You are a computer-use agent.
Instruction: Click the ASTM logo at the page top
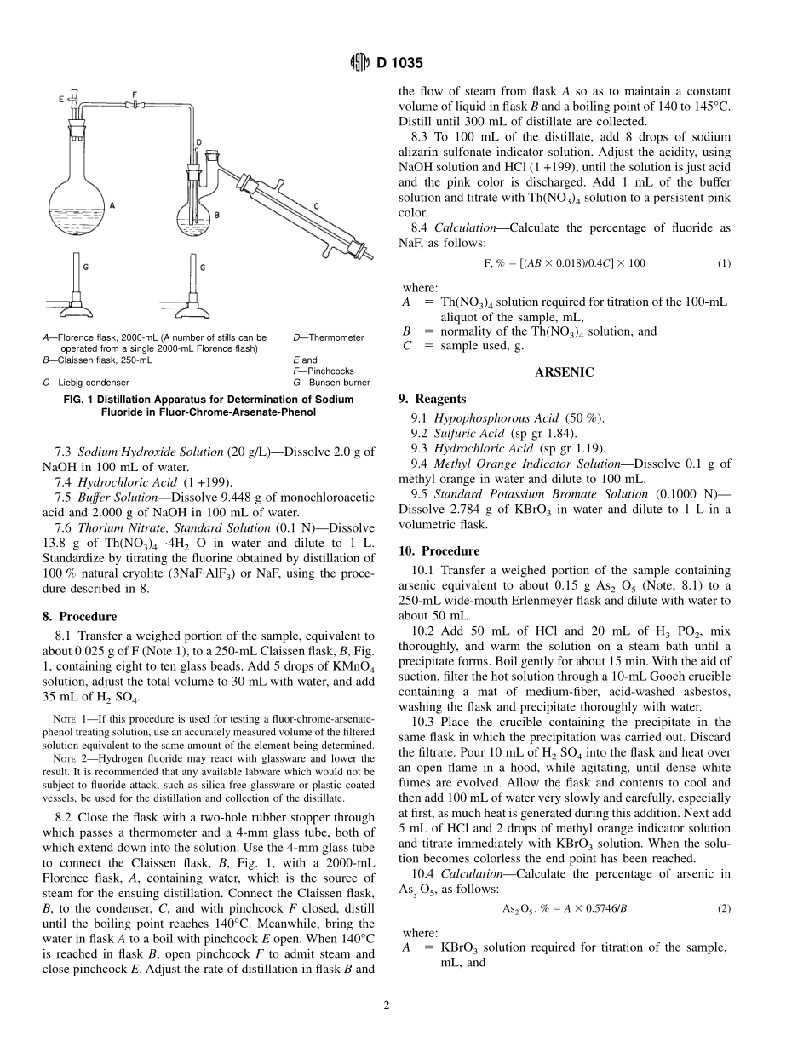[x=360, y=62]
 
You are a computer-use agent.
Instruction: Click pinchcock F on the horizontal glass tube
[x=135, y=104]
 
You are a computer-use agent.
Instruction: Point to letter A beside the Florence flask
[x=112, y=205]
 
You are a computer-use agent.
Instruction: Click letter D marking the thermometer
[x=198, y=141]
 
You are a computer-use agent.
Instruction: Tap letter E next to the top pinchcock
[x=61, y=100]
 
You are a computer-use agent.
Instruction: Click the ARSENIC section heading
[x=564, y=372]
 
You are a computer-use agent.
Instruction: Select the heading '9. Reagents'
[x=433, y=399]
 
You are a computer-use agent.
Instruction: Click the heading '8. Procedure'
[x=79, y=616]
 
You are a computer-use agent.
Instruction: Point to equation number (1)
[x=724, y=263]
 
